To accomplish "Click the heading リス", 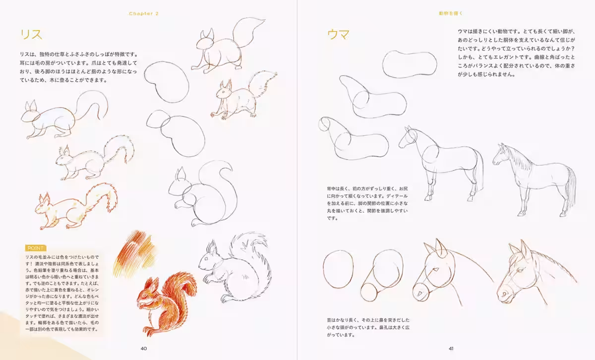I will pos(31,34).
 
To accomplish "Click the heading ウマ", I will pos(338,35).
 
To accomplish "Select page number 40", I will pos(144,348).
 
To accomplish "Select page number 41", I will pos(451,348).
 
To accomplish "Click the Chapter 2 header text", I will pos(144,13).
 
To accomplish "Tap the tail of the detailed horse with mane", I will pos(571,188).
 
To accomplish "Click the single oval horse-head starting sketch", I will pos(339,269).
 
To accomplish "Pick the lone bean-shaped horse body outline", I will pos(410,64).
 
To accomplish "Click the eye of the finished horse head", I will pos(519,271).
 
